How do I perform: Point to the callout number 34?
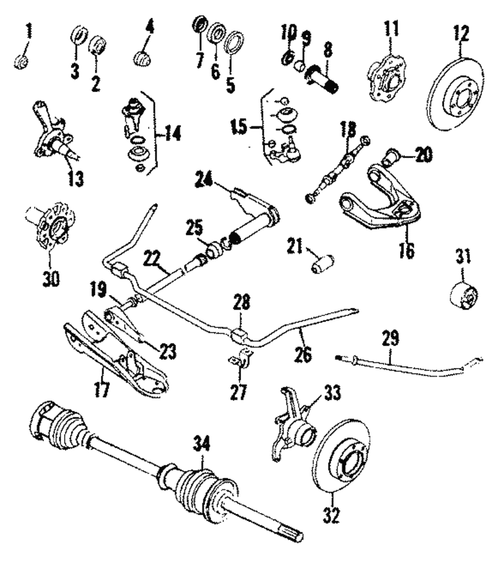202,446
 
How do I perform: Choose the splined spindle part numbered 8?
323,81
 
